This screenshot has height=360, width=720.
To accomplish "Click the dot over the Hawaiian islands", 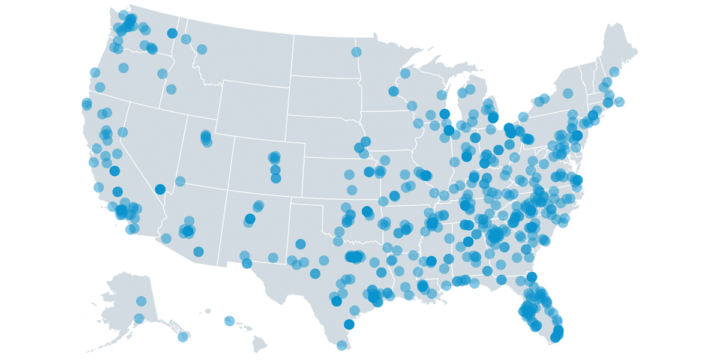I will [229, 321].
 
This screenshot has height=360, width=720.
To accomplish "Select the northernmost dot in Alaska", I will [141, 301].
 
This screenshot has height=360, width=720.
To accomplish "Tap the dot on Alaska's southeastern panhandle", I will [183, 337].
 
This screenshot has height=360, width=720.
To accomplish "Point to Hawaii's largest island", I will [259, 344].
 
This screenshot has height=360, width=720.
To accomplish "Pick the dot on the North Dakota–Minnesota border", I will [356, 52].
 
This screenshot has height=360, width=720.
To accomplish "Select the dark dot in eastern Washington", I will [172, 33].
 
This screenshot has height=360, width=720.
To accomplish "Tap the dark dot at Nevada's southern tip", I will [160, 189].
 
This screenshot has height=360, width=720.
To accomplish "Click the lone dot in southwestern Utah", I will [180, 181].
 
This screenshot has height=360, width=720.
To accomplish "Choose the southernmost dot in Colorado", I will [275, 178].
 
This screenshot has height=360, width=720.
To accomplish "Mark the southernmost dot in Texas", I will [341, 345].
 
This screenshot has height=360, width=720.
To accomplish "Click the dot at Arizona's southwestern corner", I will [166, 238].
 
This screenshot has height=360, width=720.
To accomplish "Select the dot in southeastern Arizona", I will [199, 251].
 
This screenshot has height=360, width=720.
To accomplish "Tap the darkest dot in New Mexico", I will [250, 219].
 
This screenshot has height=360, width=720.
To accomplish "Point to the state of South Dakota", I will [324, 96].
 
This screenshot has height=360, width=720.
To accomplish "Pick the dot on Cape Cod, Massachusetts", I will [619, 101].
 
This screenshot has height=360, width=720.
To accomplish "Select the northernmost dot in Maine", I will [614, 72].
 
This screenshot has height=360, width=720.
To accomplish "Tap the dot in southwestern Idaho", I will [171, 89].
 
